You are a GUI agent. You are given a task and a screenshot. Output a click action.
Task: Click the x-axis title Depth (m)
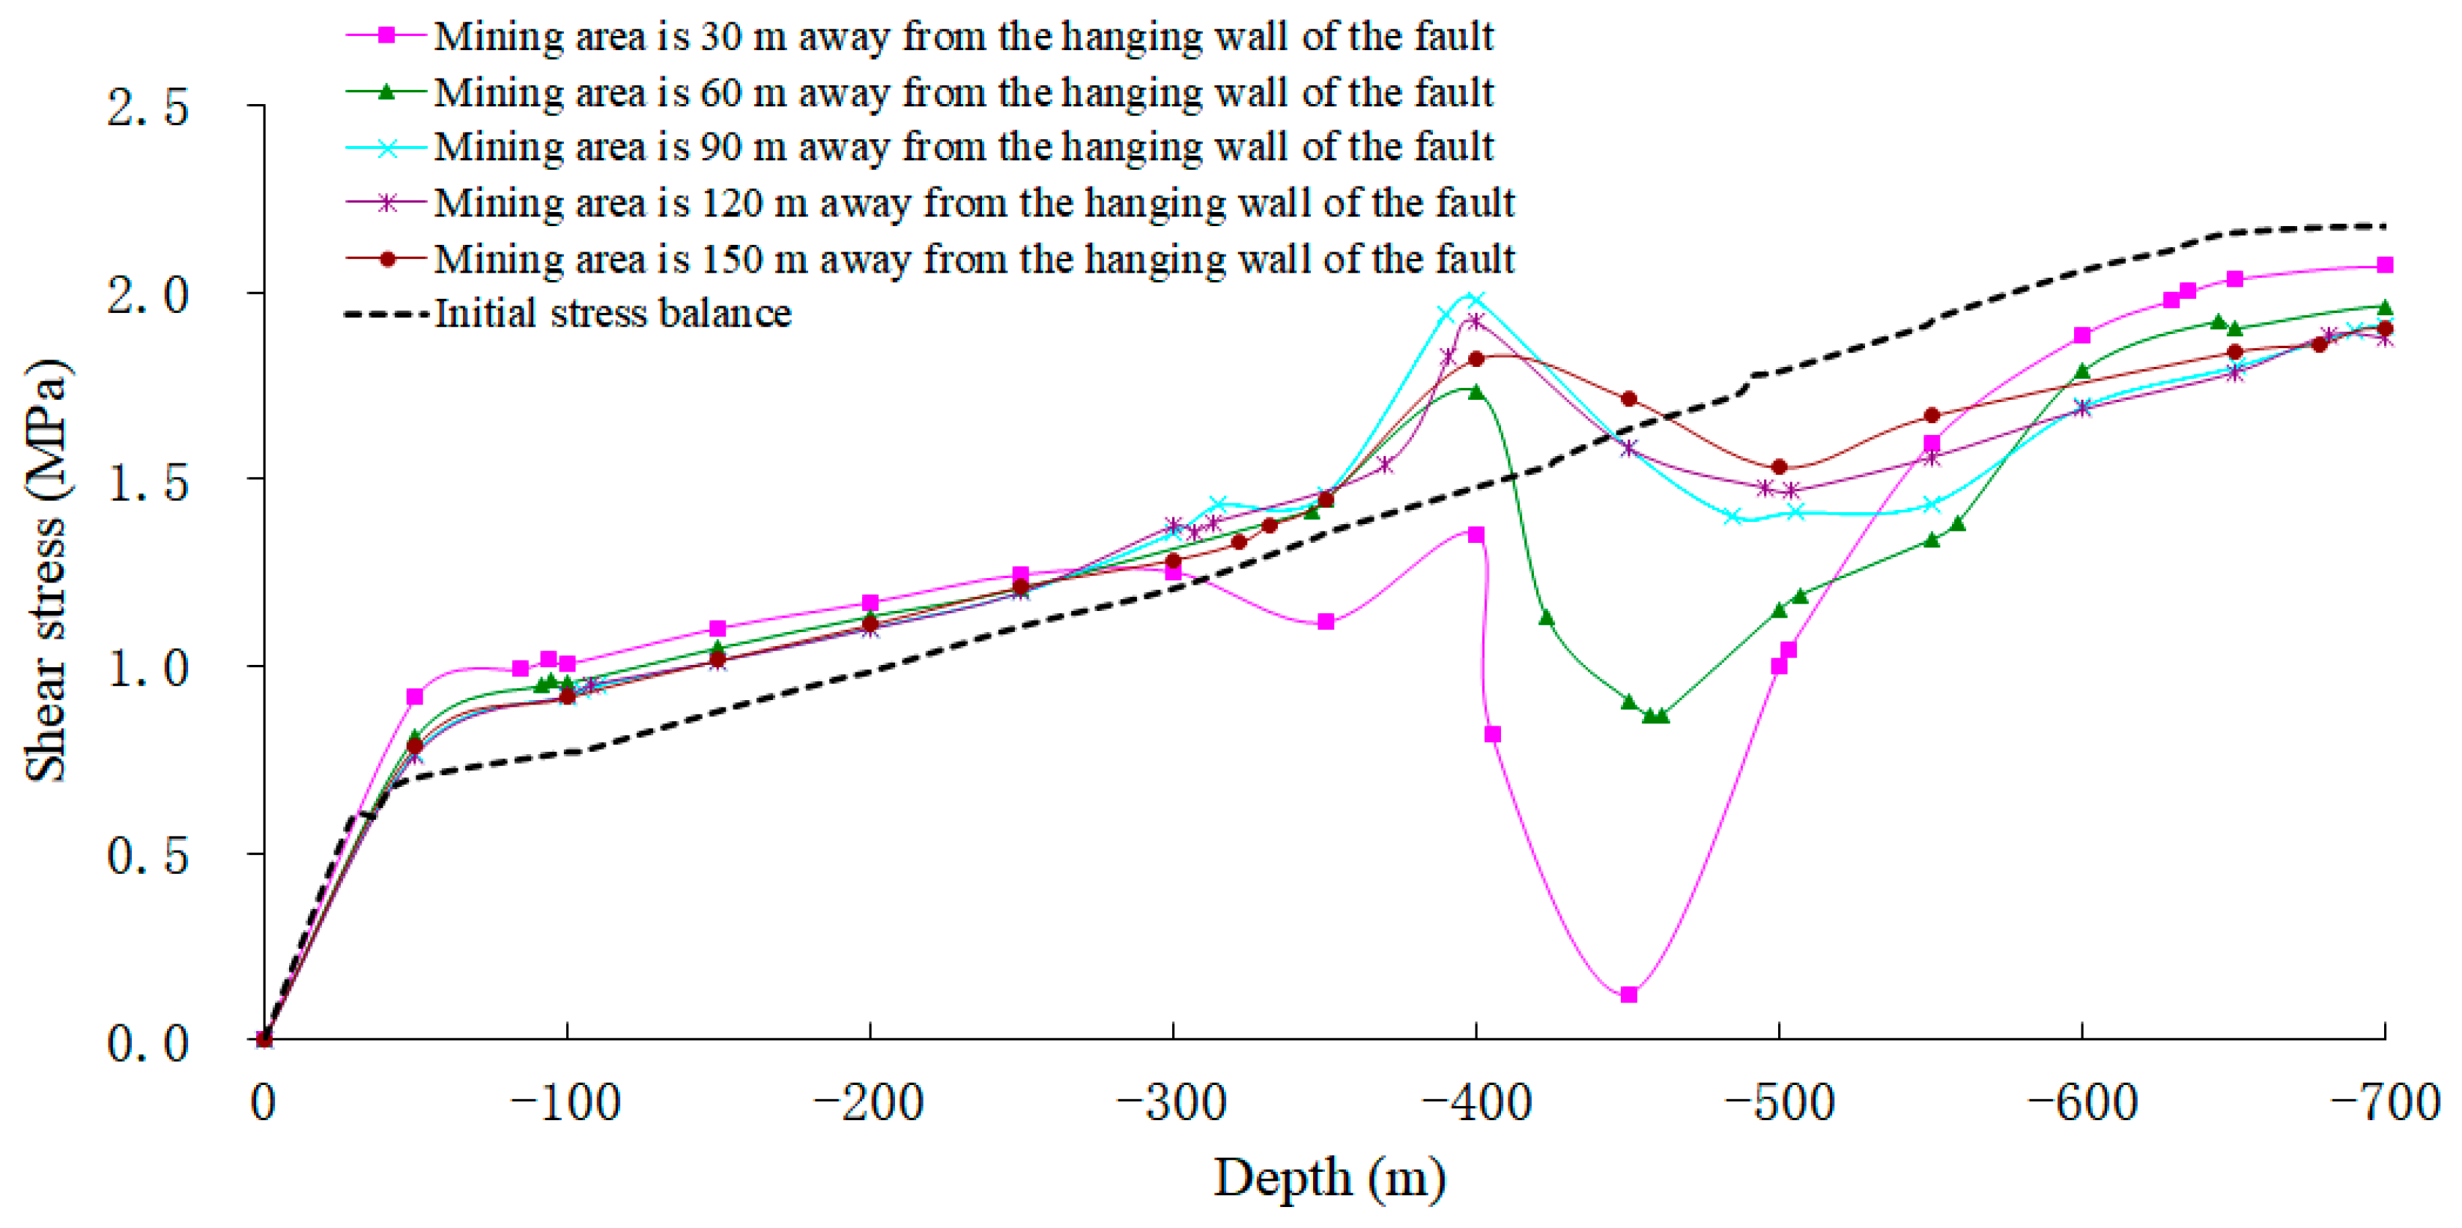(x=1329, y=1179)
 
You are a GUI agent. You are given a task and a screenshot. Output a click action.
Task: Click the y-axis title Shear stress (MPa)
(x=46, y=571)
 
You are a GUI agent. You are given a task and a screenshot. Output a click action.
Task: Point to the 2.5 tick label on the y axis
(x=148, y=107)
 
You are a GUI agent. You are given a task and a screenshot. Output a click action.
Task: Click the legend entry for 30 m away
(x=962, y=36)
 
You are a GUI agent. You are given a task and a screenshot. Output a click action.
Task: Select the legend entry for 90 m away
(x=962, y=148)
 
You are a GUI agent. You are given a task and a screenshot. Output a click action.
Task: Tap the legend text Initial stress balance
(x=613, y=314)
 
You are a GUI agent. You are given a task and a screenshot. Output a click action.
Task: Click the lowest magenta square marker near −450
(x=1628, y=995)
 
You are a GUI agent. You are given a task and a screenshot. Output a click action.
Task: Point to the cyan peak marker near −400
(x=1476, y=300)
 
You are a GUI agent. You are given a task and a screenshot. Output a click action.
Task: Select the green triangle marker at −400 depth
(x=1476, y=392)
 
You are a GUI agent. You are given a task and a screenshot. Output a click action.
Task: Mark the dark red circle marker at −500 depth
(x=1779, y=467)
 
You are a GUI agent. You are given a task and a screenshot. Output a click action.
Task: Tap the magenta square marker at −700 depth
(x=2385, y=265)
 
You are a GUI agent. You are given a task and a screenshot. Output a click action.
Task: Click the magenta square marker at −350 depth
(x=1326, y=622)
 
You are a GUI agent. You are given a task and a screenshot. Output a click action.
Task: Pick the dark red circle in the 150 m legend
(x=387, y=259)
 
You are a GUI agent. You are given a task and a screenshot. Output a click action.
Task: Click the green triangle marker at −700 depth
(x=2385, y=308)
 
